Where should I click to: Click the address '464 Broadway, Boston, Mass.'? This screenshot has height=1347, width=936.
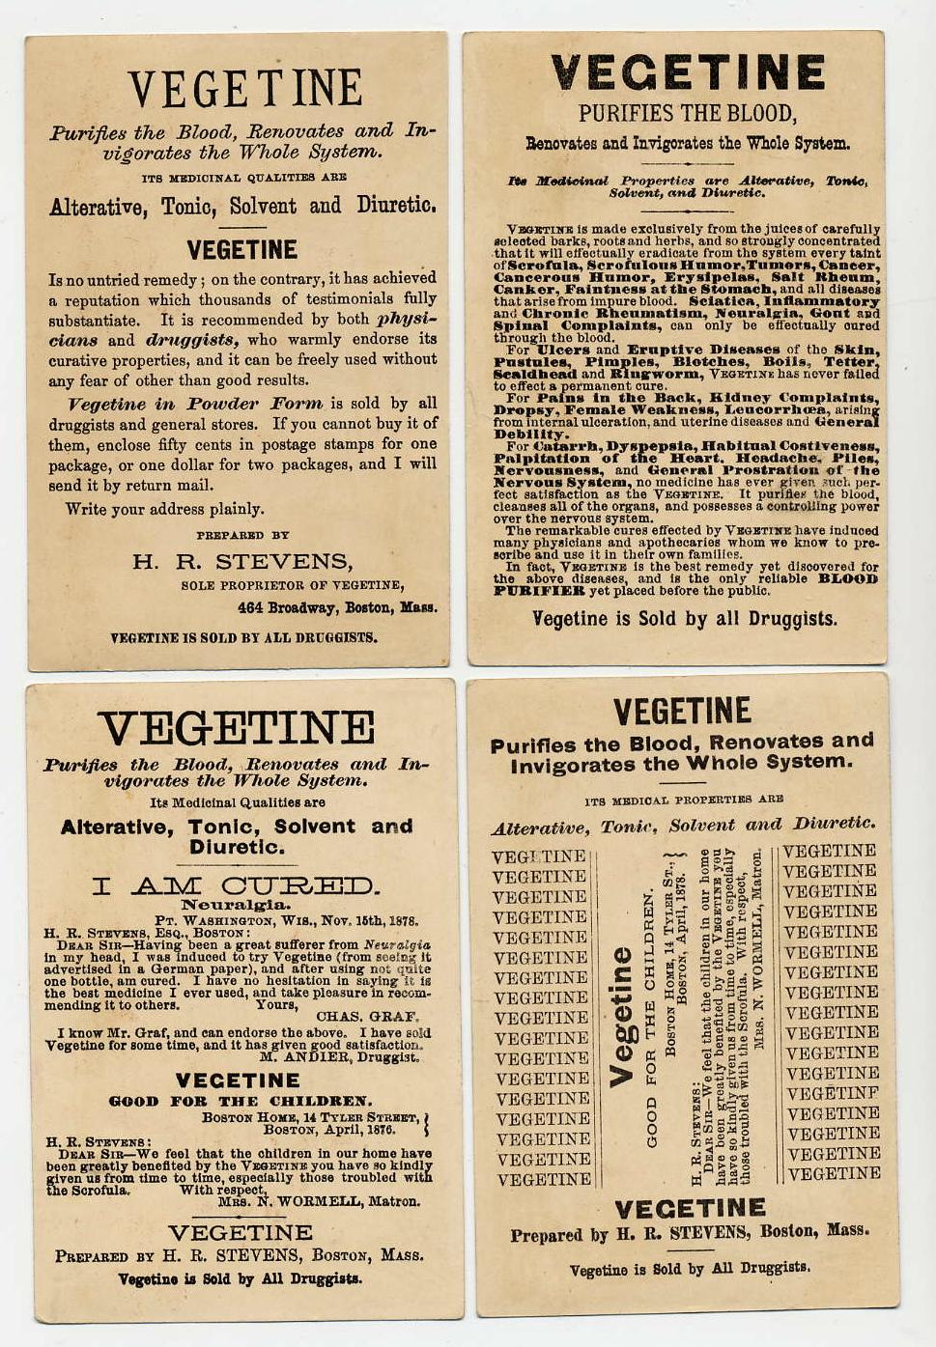337,608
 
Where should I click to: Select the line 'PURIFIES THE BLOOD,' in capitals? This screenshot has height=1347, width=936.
687,113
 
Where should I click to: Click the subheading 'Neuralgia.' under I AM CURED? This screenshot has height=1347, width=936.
236,906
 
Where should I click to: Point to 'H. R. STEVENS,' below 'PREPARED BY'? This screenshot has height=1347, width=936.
242,562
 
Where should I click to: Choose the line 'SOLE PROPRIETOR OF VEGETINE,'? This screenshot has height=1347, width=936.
293,585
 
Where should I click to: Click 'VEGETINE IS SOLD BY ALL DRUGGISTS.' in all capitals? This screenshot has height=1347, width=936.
243,638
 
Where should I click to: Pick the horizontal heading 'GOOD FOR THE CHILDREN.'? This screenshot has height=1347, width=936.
240,1101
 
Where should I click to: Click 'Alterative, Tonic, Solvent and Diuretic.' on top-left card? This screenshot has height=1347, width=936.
242,206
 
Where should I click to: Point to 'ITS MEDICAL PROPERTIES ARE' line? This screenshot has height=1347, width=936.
683,800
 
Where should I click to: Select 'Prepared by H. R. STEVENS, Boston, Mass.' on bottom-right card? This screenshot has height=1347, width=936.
689,1233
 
